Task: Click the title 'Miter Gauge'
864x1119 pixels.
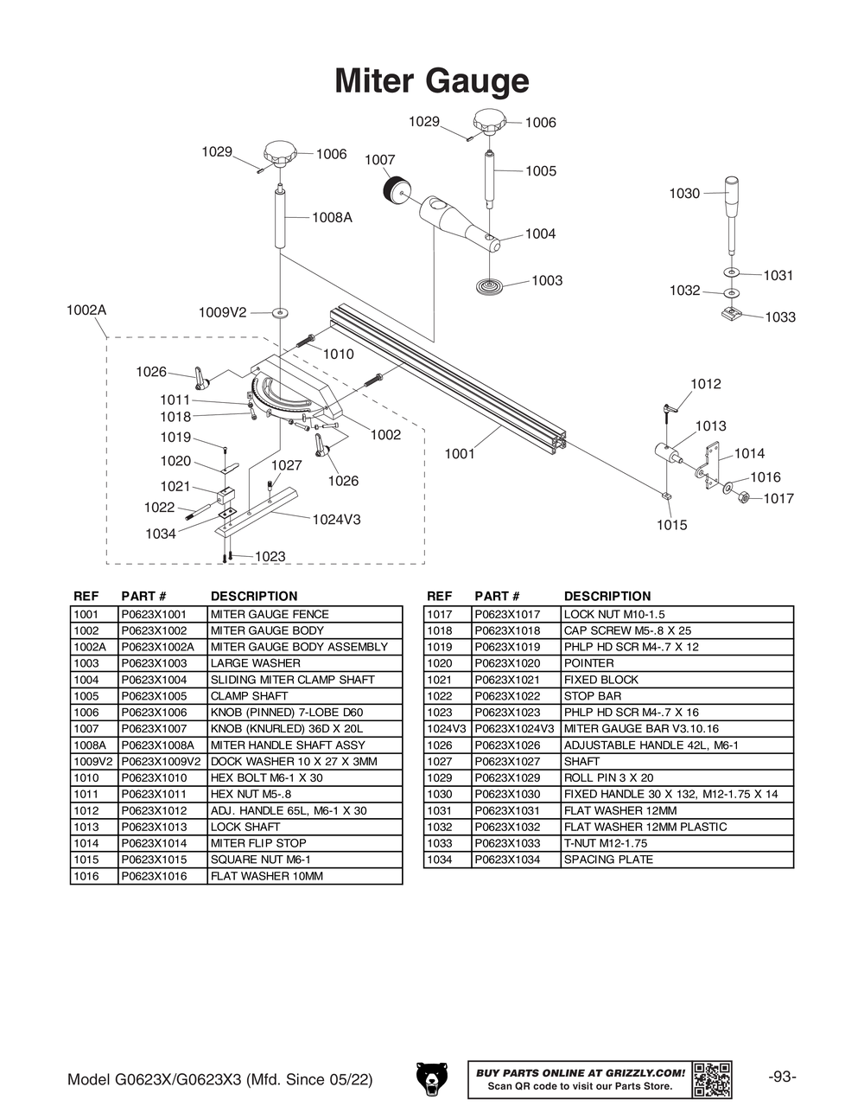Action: click(431, 80)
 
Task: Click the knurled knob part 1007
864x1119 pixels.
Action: click(397, 188)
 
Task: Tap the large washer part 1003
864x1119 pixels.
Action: click(489, 285)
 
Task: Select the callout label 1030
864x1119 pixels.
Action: click(684, 194)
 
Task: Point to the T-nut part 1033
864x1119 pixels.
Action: click(732, 313)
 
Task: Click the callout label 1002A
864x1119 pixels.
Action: click(86, 310)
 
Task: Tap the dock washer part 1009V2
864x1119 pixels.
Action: click(280, 312)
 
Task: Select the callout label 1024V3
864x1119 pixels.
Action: click(336, 520)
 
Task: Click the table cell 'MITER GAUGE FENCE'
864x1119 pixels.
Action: click(270, 614)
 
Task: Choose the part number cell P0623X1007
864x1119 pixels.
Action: click(154, 729)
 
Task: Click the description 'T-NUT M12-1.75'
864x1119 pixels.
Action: click(605, 843)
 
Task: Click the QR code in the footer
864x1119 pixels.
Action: click(712, 1079)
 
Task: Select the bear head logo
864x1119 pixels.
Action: click(432, 1078)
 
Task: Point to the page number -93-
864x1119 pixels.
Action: click(782, 1077)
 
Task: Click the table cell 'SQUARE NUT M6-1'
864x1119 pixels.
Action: click(260, 860)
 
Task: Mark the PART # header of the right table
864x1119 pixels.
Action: click(497, 596)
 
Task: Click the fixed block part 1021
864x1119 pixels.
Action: click(226, 496)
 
